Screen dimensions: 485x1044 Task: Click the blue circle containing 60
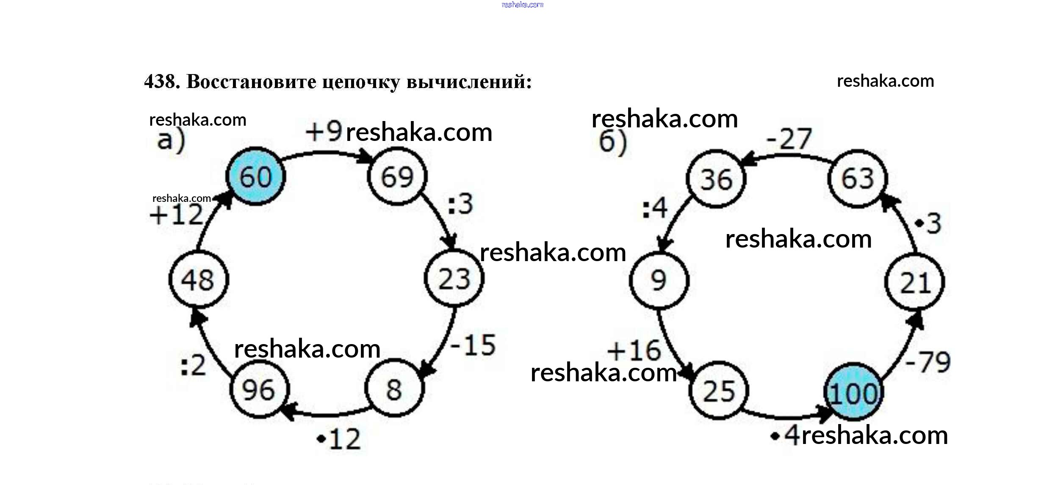pos(255,176)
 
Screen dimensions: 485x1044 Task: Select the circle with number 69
pos(397,176)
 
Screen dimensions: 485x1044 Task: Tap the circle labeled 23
pos(454,278)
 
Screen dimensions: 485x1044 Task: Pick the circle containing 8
pos(394,389)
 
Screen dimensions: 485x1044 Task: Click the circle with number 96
pos(259,389)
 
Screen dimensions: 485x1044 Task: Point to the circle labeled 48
pos(198,279)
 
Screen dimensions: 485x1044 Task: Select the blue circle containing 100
pos(853,392)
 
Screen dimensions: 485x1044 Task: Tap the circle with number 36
pos(716,179)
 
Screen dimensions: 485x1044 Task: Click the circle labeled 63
pos(857,179)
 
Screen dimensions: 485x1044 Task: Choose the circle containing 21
pos(915,282)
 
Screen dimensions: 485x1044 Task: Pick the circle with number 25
pos(718,390)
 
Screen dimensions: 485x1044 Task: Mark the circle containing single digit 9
pos(659,280)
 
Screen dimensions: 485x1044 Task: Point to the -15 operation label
pos(473,345)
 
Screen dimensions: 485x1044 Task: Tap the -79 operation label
pos(928,362)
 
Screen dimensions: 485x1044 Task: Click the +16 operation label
pos(634,350)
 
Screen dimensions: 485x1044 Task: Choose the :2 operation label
pos(193,366)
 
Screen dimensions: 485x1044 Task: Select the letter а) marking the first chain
pos(171,141)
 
